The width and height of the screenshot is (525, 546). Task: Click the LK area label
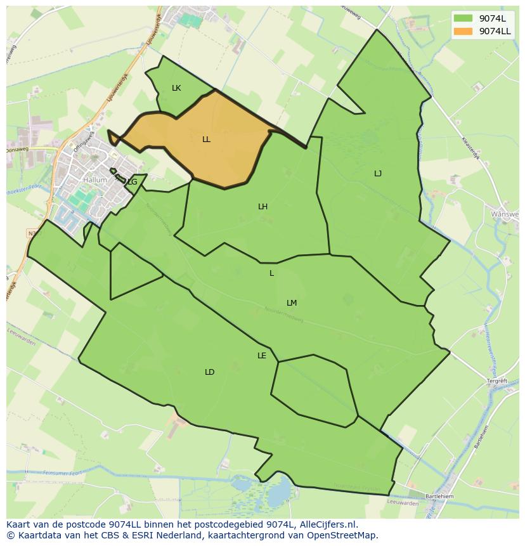coord(176,88)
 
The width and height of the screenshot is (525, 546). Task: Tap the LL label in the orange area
coord(206,140)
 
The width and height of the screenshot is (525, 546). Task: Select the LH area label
coord(262,207)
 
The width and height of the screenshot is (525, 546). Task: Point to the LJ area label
coord(378,174)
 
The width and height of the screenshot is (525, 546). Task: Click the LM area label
coord(292,303)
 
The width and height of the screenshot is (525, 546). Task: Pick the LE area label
coord(262,356)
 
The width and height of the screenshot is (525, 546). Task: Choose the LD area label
coord(210,372)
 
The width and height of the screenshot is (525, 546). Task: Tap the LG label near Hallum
coord(132,182)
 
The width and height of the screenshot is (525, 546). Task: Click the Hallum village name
coord(95,180)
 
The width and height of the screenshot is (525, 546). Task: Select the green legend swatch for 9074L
coord(463,18)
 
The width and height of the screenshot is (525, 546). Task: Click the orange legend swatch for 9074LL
coord(463,30)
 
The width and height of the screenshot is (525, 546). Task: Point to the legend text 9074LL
coord(495,30)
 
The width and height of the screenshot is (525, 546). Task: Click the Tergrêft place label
coord(497,381)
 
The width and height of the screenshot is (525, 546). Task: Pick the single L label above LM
coord(271,273)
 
